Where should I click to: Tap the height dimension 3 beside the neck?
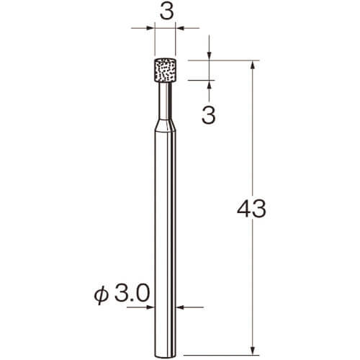tap(208, 115)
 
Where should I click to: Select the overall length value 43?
tap(251, 209)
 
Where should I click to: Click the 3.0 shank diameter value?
tap(132, 294)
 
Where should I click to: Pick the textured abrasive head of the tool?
tap(165, 70)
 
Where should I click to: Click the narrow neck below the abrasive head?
tap(165, 100)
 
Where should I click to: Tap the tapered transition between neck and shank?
tap(165, 125)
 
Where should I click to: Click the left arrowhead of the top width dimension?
tap(150, 28)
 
